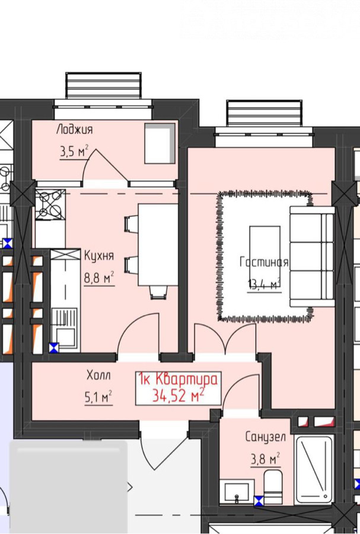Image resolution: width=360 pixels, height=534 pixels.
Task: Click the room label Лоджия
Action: tap(74, 130)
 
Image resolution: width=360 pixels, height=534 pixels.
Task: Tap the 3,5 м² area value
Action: tap(74, 151)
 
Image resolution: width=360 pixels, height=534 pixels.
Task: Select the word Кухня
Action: tap(99, 256)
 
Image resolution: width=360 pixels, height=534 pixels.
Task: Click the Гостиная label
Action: tap(264, 262)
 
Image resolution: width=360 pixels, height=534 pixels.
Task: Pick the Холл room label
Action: tap(98, 376)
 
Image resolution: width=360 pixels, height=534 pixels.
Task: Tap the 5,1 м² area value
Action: tap(98, 397)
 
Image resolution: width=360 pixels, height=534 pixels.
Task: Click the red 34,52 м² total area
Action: tap(179, 395)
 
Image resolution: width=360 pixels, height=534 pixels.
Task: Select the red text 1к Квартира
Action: tap(178, 379)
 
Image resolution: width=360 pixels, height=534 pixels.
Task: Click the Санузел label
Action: tap(266, 437)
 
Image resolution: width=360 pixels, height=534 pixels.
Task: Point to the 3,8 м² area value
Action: tap(266, 459)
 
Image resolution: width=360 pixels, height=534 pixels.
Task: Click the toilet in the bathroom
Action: tap(273, 487)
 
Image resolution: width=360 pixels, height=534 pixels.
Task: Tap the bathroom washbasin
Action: tap(237, 491)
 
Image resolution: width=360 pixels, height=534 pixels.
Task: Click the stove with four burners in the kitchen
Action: tap(50, 205)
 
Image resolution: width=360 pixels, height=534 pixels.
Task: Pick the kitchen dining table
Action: tap(158, 245)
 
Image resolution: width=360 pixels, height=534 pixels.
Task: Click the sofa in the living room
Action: tap(311, 257)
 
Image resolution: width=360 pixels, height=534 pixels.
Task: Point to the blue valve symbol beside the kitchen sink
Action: tap(54, 348)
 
